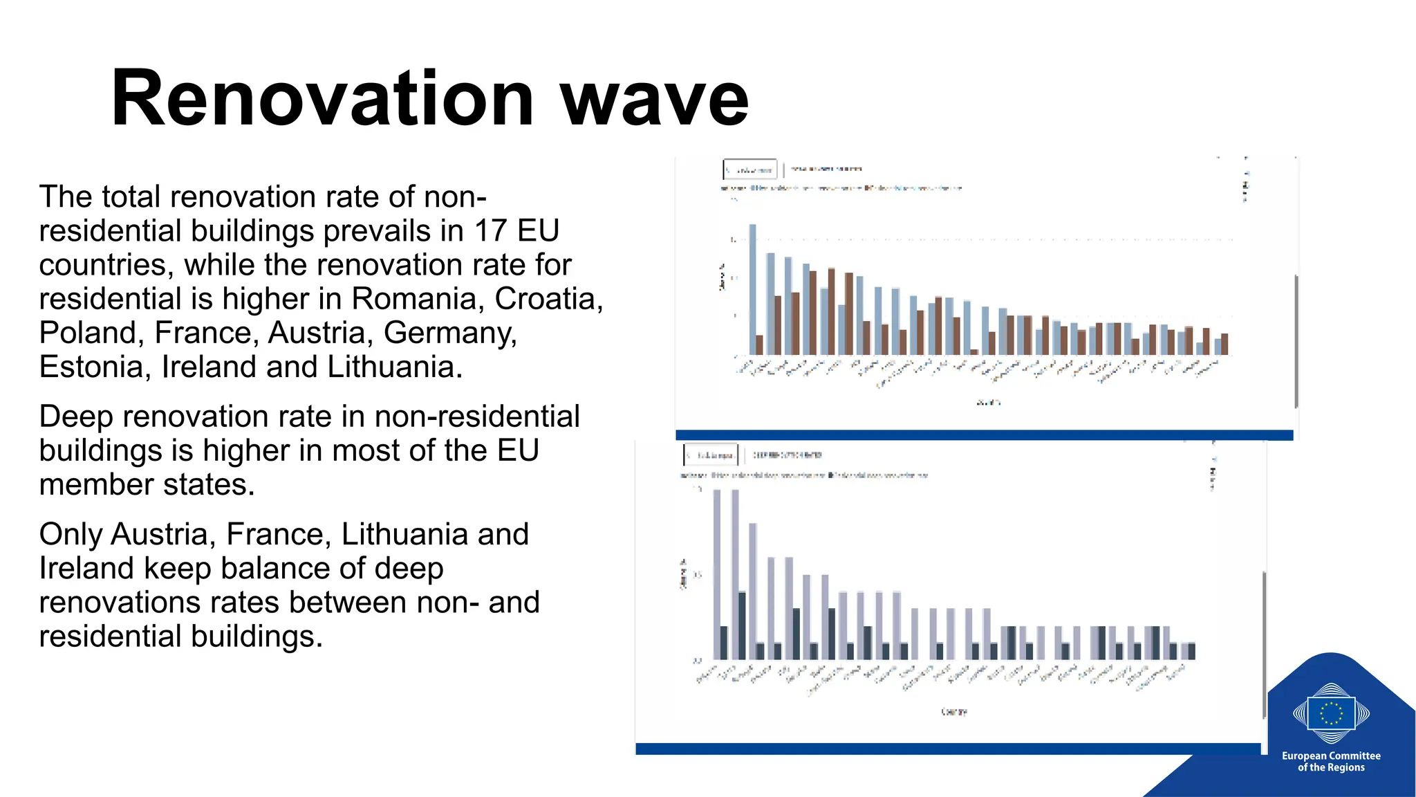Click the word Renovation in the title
click(322, 98)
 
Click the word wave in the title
click(654, 98)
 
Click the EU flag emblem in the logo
click(1331, 713)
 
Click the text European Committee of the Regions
click(1331, 761)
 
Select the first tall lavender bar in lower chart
click(717, 574)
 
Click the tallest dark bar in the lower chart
click(742, 625)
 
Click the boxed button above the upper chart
click(750, 170)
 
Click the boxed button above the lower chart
click(711, 455)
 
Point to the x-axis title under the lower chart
click(954, 711)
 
